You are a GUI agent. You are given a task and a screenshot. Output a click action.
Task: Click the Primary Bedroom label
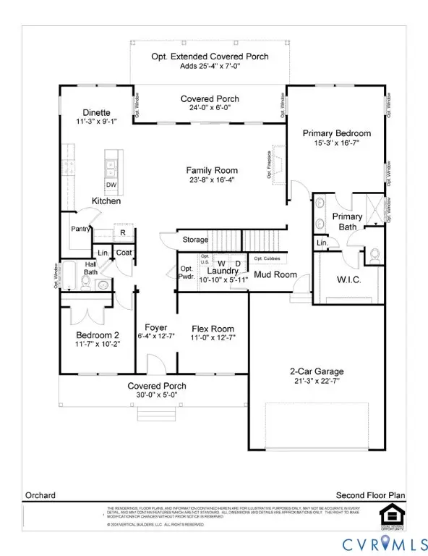[x=336, y=133]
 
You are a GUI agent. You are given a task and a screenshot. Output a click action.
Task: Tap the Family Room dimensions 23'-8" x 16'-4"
[x=210, y=180]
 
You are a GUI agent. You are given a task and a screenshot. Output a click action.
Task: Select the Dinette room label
[x=96, y=112]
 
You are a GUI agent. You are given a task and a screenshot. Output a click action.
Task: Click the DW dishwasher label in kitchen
[x=111, y=185]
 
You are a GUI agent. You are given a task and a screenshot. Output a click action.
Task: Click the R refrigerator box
[x=123, y=233]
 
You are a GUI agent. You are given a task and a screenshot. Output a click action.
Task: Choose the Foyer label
[x=156, y=327]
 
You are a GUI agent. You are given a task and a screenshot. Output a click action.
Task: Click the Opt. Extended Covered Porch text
[x=209, y=56]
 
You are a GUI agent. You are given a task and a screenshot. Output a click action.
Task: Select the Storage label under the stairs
[x=194, y=240]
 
